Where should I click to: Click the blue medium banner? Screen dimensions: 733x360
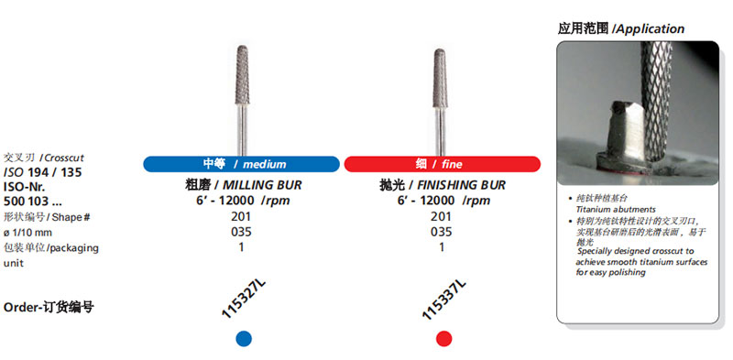coord(241,164)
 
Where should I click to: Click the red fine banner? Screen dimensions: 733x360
coord(443,164)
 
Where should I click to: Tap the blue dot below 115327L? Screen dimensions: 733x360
coord(244,339)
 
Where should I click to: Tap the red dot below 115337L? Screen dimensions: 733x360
coord(443,339)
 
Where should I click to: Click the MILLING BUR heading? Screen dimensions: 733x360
coord(244,185)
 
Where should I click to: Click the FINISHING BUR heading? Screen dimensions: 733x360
coord(443,185)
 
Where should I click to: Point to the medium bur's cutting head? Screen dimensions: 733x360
coord(242,75)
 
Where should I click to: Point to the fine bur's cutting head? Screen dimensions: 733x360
coord(441,79)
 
